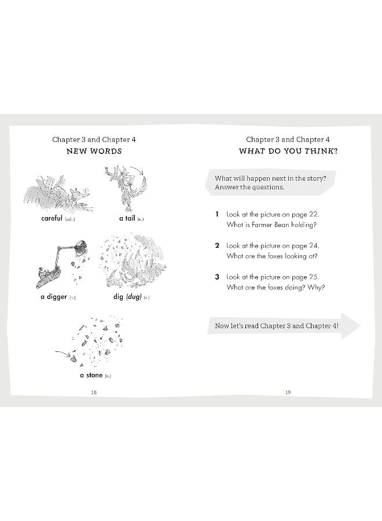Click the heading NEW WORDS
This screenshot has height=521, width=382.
tap(94, 151)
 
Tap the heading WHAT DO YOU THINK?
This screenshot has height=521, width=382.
tap(288, 151)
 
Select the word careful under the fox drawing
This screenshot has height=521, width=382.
tap(52, 218)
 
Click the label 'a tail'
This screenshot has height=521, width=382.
tap(126, 218)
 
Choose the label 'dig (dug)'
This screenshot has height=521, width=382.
tap(128, 297)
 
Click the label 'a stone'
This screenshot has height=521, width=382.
tap(91, 375)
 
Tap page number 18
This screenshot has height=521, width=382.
tap(94, 392)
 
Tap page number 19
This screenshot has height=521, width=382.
tap(288, 392)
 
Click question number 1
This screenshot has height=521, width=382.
tap(217, 214)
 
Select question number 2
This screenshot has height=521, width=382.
tap(217, 245)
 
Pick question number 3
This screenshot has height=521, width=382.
tap(217, 277)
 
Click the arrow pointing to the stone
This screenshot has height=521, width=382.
tap(63, 353)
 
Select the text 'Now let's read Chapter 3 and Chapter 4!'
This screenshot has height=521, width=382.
tap(277, 326)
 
